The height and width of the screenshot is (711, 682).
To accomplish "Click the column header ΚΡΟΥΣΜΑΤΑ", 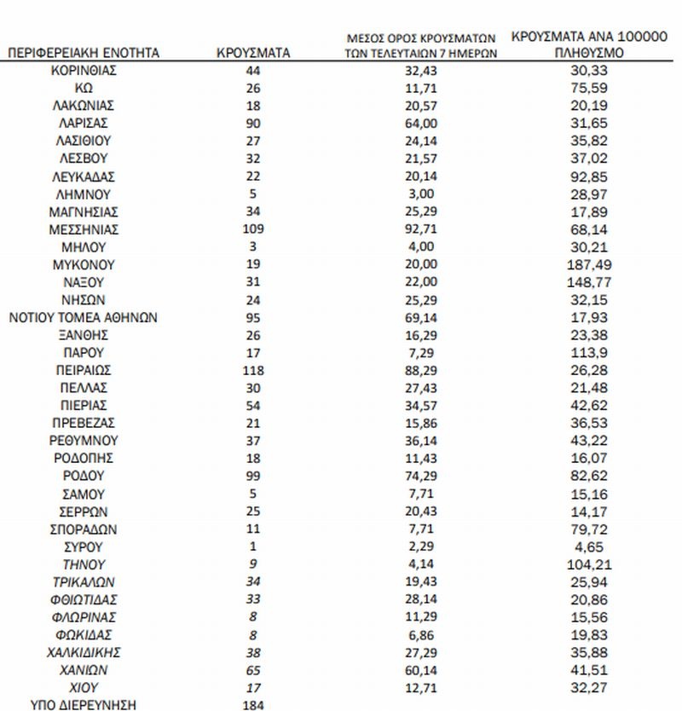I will click(253, 53).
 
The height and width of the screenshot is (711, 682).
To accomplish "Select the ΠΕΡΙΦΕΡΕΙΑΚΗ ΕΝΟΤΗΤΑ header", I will click(84, 53).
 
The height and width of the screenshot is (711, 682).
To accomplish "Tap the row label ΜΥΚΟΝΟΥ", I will click(84, 264).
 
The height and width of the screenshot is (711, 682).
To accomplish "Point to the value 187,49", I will click(591, 264).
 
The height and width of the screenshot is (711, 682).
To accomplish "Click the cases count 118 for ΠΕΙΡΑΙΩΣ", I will click(253, 370).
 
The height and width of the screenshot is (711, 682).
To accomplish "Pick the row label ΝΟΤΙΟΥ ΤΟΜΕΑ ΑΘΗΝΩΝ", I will click(84, 317).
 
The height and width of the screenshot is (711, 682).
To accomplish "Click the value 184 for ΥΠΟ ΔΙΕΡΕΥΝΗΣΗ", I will click(253, 704).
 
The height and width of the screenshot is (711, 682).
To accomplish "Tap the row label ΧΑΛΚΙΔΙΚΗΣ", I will click(84, 652).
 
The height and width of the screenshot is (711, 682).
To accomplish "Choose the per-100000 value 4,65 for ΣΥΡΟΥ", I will click(591, 546).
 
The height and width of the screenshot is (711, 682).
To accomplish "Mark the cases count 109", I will click(253, 229).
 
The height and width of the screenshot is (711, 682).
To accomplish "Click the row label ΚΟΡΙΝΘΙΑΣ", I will click(84, 70).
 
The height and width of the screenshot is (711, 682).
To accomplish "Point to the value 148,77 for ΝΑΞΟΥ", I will click(591, 282).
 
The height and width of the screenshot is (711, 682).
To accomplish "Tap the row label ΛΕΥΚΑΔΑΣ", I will click(84, 176).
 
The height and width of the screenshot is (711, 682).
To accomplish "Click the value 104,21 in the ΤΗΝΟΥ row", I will click(591, 564).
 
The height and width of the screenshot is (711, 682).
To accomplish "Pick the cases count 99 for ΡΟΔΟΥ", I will click(253, 476).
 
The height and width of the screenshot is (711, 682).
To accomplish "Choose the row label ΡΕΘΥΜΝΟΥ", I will click(84, 441).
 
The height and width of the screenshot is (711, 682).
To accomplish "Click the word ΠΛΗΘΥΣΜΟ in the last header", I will click(591, 53).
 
